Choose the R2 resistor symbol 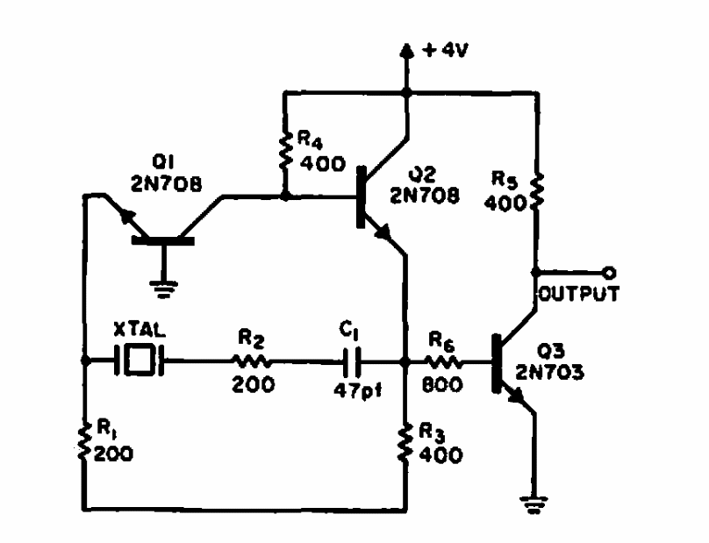click(x=252, y=360)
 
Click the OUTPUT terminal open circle click(x=608, y=272)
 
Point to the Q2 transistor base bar click(x=361, y=197)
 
